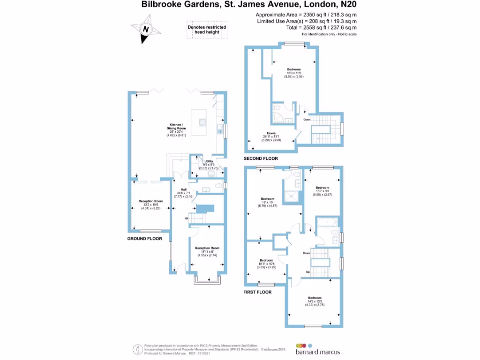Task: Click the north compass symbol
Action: pyautogui.click(x=146, y=29)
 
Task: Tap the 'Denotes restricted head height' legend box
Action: pyautogui.click(x=207, y=30)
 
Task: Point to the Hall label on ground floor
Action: pyautogui.click(x=184, y=193)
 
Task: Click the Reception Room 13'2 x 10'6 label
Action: pyautogui.click(x=151, y=204)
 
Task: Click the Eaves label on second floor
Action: pyautogui.click(x=271, y=136)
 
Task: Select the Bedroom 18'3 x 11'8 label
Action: pyautogui.click(x=294, y=73)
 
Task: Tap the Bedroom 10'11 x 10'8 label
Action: pyautogui.click(x=266, y=263)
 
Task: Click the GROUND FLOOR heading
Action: pyautogui.click(x=144, y=239)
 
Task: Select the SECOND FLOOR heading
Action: pyautogui.click(x=261, y=158)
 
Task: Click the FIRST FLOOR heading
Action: pyautogui.click(x=257, y=292)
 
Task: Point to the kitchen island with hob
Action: pyautogui.click(x=202, y=120)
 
